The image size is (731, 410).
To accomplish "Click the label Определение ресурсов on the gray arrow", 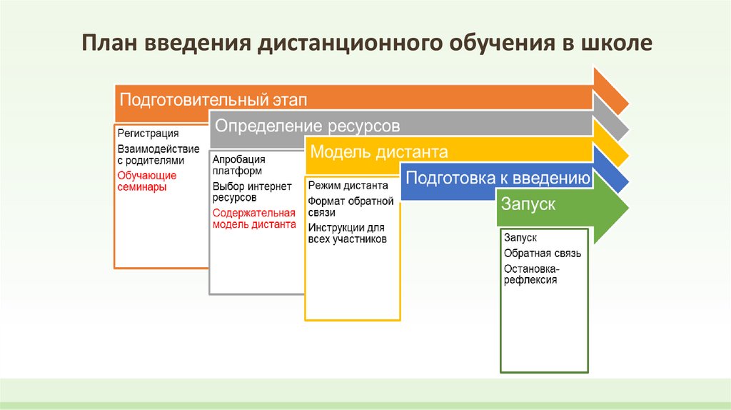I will click(x=308, y=126).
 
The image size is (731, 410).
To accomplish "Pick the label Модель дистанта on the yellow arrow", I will click(x=378, y=152).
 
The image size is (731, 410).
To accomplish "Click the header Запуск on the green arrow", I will click(x=528, y=204).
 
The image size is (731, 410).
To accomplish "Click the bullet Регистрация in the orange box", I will click(x=148, y=134).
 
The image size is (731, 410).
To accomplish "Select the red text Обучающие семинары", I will click(x=147, y=181).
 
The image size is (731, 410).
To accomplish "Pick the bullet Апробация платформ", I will click(x=239, y=165).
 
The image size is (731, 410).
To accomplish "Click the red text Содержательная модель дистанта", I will click(x=254, y=219).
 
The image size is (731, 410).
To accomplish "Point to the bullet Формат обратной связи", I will click(x=351, y=206).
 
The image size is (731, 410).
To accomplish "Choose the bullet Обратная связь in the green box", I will click(x=543, y=254).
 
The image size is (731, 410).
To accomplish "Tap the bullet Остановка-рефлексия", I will click(x=532, y=274).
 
